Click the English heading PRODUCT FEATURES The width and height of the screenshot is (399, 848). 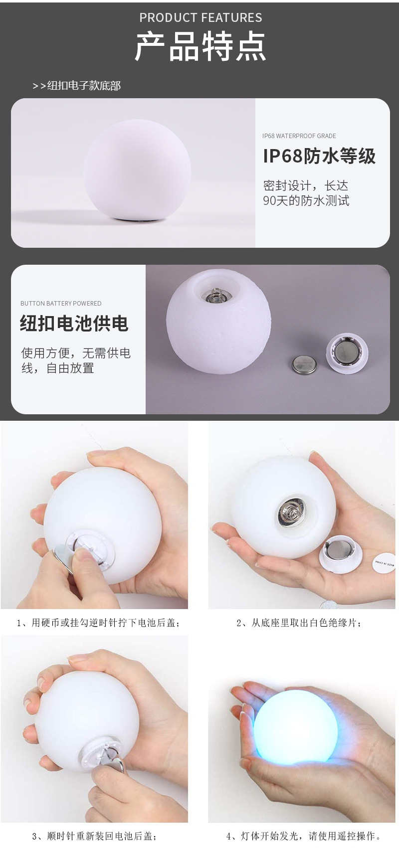pos(200,18)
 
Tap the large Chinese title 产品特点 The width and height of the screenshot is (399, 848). pos(200,47)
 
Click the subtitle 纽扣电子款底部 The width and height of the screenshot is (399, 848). pos(83,86)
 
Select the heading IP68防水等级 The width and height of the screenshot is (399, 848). pos(319,156)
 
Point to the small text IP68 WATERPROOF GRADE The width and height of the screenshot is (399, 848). pos(299,136)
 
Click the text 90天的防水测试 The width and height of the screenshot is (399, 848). pos(306,201)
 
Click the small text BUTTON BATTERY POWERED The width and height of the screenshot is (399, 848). pos(61,303)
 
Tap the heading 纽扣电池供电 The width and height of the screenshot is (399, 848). pos(74,324)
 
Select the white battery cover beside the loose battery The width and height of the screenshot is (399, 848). pos(347,354)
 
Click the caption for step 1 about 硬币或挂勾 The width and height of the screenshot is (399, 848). pos(98,623)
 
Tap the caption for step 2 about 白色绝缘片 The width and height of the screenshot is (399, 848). pos(299,623)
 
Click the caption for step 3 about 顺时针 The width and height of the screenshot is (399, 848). pos(95,836)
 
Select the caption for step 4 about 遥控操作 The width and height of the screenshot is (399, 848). pos(304,836)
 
